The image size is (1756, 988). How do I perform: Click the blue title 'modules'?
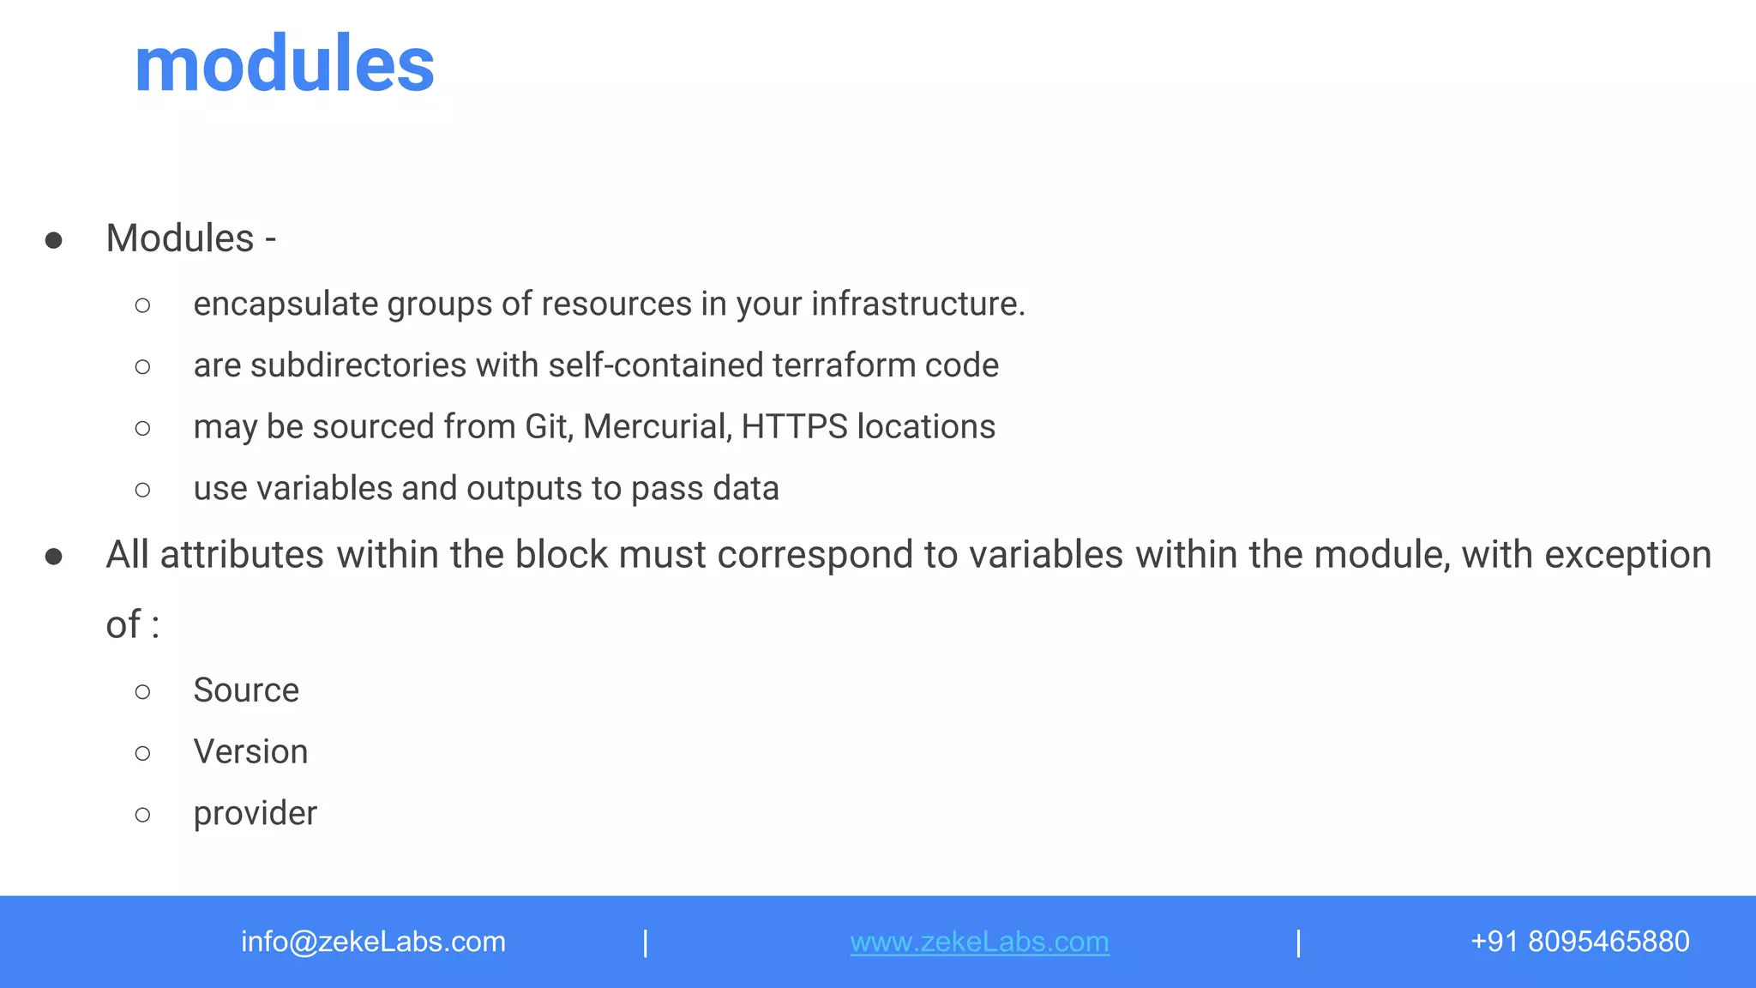[x=285, y=64]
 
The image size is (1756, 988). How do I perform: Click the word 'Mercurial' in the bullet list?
[x=657, y=426]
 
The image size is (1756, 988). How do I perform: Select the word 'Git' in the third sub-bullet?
[x=547, y=426]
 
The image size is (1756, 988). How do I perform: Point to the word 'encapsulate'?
[x=286, y=304]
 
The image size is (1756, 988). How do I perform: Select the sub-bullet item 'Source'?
[x=246, y=690]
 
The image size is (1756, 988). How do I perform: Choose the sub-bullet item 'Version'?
[x=250, y=752]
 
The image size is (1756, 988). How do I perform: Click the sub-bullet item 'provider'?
[x=255, y=814]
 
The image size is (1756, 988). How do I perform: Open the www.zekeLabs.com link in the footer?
[x=979, y=942]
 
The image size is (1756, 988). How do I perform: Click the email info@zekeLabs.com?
[x=373, y=942]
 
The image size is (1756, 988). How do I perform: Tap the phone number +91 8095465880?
[x=1579, y=942]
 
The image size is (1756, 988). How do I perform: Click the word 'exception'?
[x=1627, y=555]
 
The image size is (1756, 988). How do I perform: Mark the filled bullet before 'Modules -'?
[x=53, y=240]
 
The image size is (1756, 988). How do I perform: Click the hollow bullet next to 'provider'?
[x=143, y=815]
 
